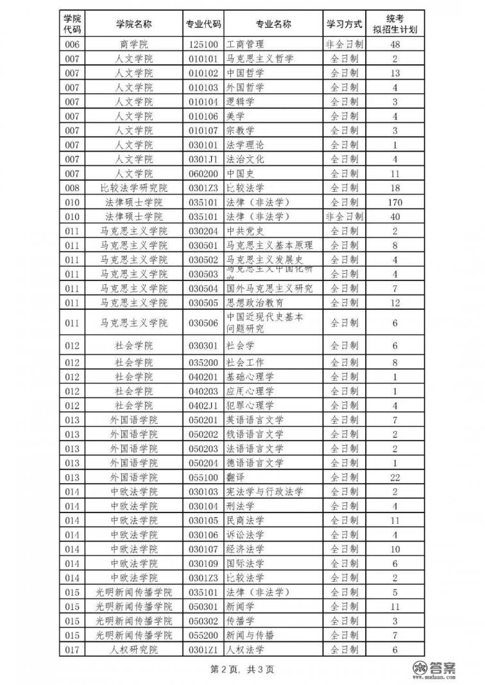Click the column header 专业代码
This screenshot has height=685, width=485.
click(x=203, y=24)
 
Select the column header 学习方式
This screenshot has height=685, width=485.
click(x=344, y=24)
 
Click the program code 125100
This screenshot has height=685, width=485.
click(x=203, y=44)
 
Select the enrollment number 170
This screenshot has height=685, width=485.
click(x=395, y=202)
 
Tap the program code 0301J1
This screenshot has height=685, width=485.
click(x=203, y=159)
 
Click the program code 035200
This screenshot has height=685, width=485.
click(x=203, y=362)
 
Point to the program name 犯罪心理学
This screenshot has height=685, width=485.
click(x=250, y=405)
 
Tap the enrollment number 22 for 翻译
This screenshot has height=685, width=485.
click(x=395, y=478)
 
